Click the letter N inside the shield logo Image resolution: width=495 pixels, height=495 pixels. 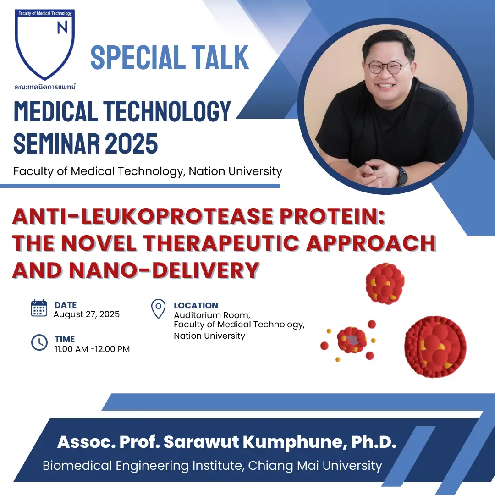62,27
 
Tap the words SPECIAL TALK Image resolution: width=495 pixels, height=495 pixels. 170,57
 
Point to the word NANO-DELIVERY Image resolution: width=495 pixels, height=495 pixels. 164,270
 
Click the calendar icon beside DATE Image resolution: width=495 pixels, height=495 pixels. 39,308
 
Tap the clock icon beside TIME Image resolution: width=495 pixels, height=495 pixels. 39,342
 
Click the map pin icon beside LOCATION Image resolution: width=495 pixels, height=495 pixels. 159,309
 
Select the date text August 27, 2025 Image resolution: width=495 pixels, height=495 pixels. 87,314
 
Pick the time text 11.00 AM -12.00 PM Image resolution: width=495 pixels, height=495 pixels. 92,349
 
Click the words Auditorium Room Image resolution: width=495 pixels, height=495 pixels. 212,315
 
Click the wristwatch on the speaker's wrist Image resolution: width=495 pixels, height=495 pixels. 401,176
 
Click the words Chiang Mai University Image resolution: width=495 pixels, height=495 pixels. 315,466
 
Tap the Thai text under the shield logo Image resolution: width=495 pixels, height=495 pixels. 45,87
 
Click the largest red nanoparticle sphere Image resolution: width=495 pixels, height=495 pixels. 435,347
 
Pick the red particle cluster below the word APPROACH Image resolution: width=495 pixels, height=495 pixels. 385,284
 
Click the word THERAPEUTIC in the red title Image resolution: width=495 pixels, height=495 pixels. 221,243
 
